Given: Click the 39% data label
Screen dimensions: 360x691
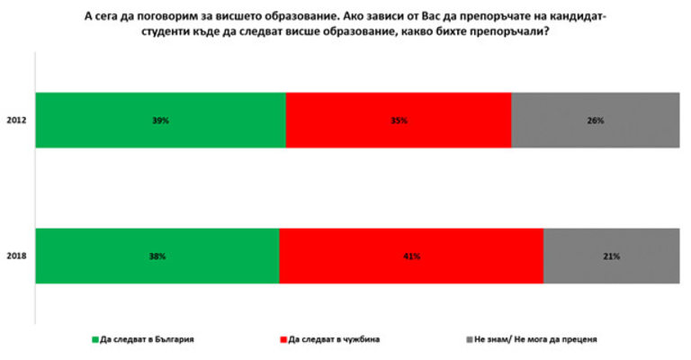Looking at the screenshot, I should click(x=161, y=120).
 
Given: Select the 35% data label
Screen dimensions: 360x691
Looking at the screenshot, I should click(x=399, y=120).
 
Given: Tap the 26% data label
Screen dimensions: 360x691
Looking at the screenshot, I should click(x=596, y=120).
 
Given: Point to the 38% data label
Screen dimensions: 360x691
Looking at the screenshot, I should click(x=158, y=256).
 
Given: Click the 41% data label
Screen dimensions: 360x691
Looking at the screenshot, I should click(x=412, y=256).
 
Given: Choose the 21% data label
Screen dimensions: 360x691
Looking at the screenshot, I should click(x=612, y=256).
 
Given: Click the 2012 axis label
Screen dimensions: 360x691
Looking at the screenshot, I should click(x=15, y=120).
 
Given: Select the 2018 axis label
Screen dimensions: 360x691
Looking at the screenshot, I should click(x=15, y=256).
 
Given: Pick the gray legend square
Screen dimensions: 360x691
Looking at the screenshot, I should click(x=470, y=340).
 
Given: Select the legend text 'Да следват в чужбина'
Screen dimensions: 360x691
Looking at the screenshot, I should click(x=334, y=340).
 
